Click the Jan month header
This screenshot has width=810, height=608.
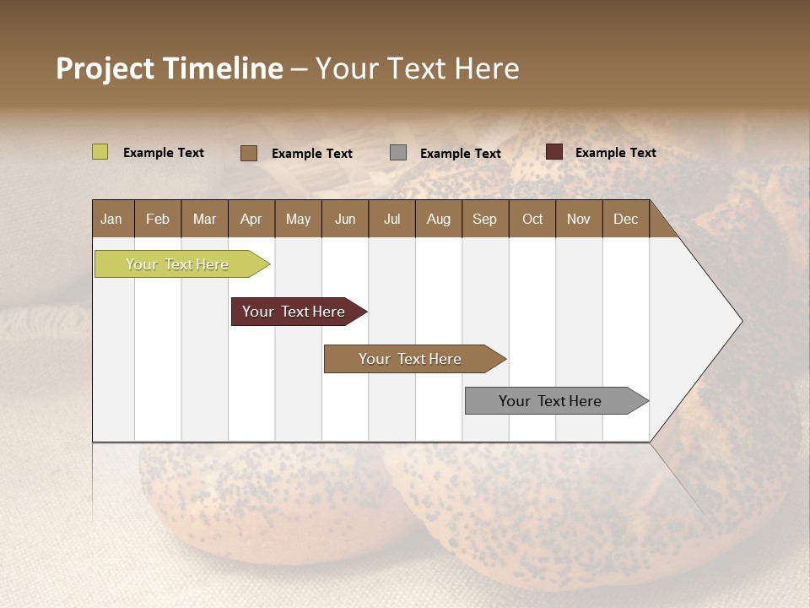(x=111, y=219)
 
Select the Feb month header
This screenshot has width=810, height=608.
(x=158, y=219)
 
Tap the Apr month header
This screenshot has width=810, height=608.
(x=251, y=219)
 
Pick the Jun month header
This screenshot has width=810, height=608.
(x=345, y=219)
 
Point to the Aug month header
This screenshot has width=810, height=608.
(x=438, y=219)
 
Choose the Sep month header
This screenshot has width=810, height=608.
(x=484, y=219)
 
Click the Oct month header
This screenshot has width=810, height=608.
(x=532, y=219)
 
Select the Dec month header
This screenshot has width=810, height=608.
(x=625, y=219)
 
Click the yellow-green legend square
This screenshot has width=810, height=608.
(x=100, y=152)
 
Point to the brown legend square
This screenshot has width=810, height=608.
(x=249, y=153)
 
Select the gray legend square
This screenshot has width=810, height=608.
(x=398, y=152)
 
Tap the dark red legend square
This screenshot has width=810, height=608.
(x=554, y=152)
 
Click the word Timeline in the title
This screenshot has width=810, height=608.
(x=223, y=68)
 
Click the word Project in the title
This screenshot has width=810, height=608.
(x=105, y=68)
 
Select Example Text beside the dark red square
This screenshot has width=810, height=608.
(x=616, y=153)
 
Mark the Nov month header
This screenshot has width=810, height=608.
(x=579, y=219)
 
